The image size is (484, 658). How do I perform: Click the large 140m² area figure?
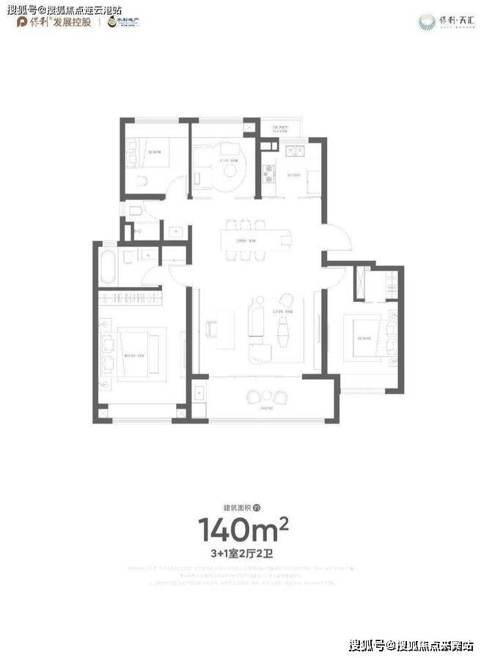pos(241,528)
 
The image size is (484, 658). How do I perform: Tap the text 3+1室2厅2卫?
pos(241,551)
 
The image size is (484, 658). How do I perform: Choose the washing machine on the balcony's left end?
pos(199,392)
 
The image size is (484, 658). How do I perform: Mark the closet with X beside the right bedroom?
pos(362,283)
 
